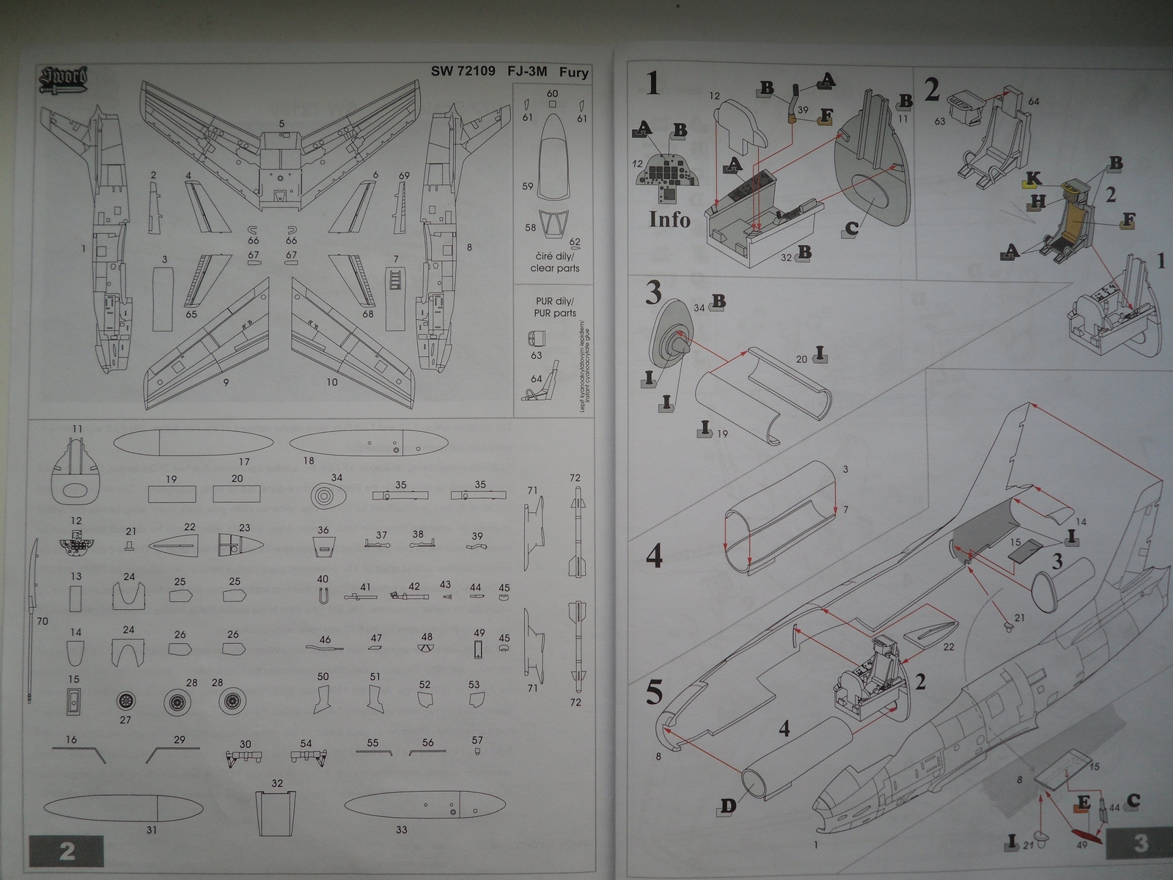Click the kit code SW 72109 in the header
coord(463,72)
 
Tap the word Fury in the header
coord(573,72)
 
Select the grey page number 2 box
coord(66,851)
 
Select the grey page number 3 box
coord(1139,843)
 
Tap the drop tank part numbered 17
coord(194,443)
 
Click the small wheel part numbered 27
coord(125,701)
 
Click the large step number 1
coord(652,84)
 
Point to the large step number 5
coord(654,693)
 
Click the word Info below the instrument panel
coord(669,219)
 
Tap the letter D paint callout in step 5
coord(727,807)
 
